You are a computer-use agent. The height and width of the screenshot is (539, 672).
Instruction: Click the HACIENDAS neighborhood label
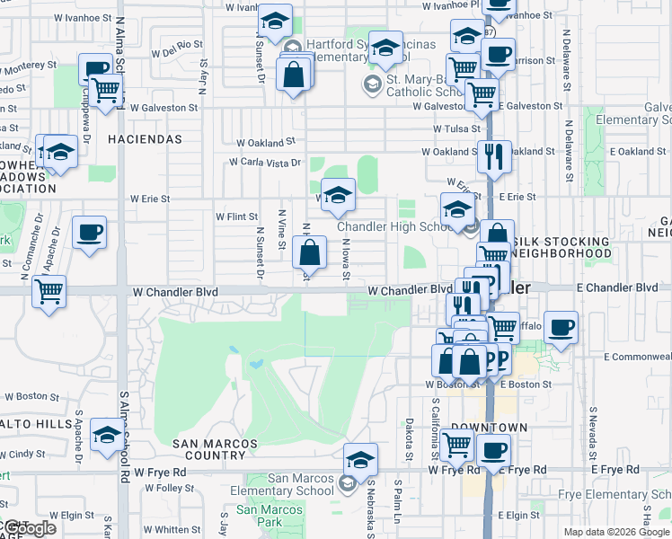(x=145, y=139)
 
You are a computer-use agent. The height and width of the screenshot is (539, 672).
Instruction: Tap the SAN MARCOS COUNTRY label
(x=215, y=449)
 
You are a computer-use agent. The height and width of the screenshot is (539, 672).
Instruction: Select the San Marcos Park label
(x=270, y=516)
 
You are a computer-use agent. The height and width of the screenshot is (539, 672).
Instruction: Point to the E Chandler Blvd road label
(x=617, y=287)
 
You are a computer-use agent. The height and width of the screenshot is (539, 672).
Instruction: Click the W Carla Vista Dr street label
(x=263, y=163)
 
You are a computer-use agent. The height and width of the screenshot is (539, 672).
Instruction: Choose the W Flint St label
(x=236, y=216)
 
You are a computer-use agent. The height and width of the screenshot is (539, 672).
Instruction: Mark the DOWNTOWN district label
(x=489, y=427)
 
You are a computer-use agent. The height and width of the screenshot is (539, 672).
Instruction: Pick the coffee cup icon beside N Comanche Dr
(x=89, y=232)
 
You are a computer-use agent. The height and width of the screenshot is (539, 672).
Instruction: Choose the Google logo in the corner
(x=29, y=529)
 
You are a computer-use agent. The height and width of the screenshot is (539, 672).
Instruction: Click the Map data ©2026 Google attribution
(x=616, y=532)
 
